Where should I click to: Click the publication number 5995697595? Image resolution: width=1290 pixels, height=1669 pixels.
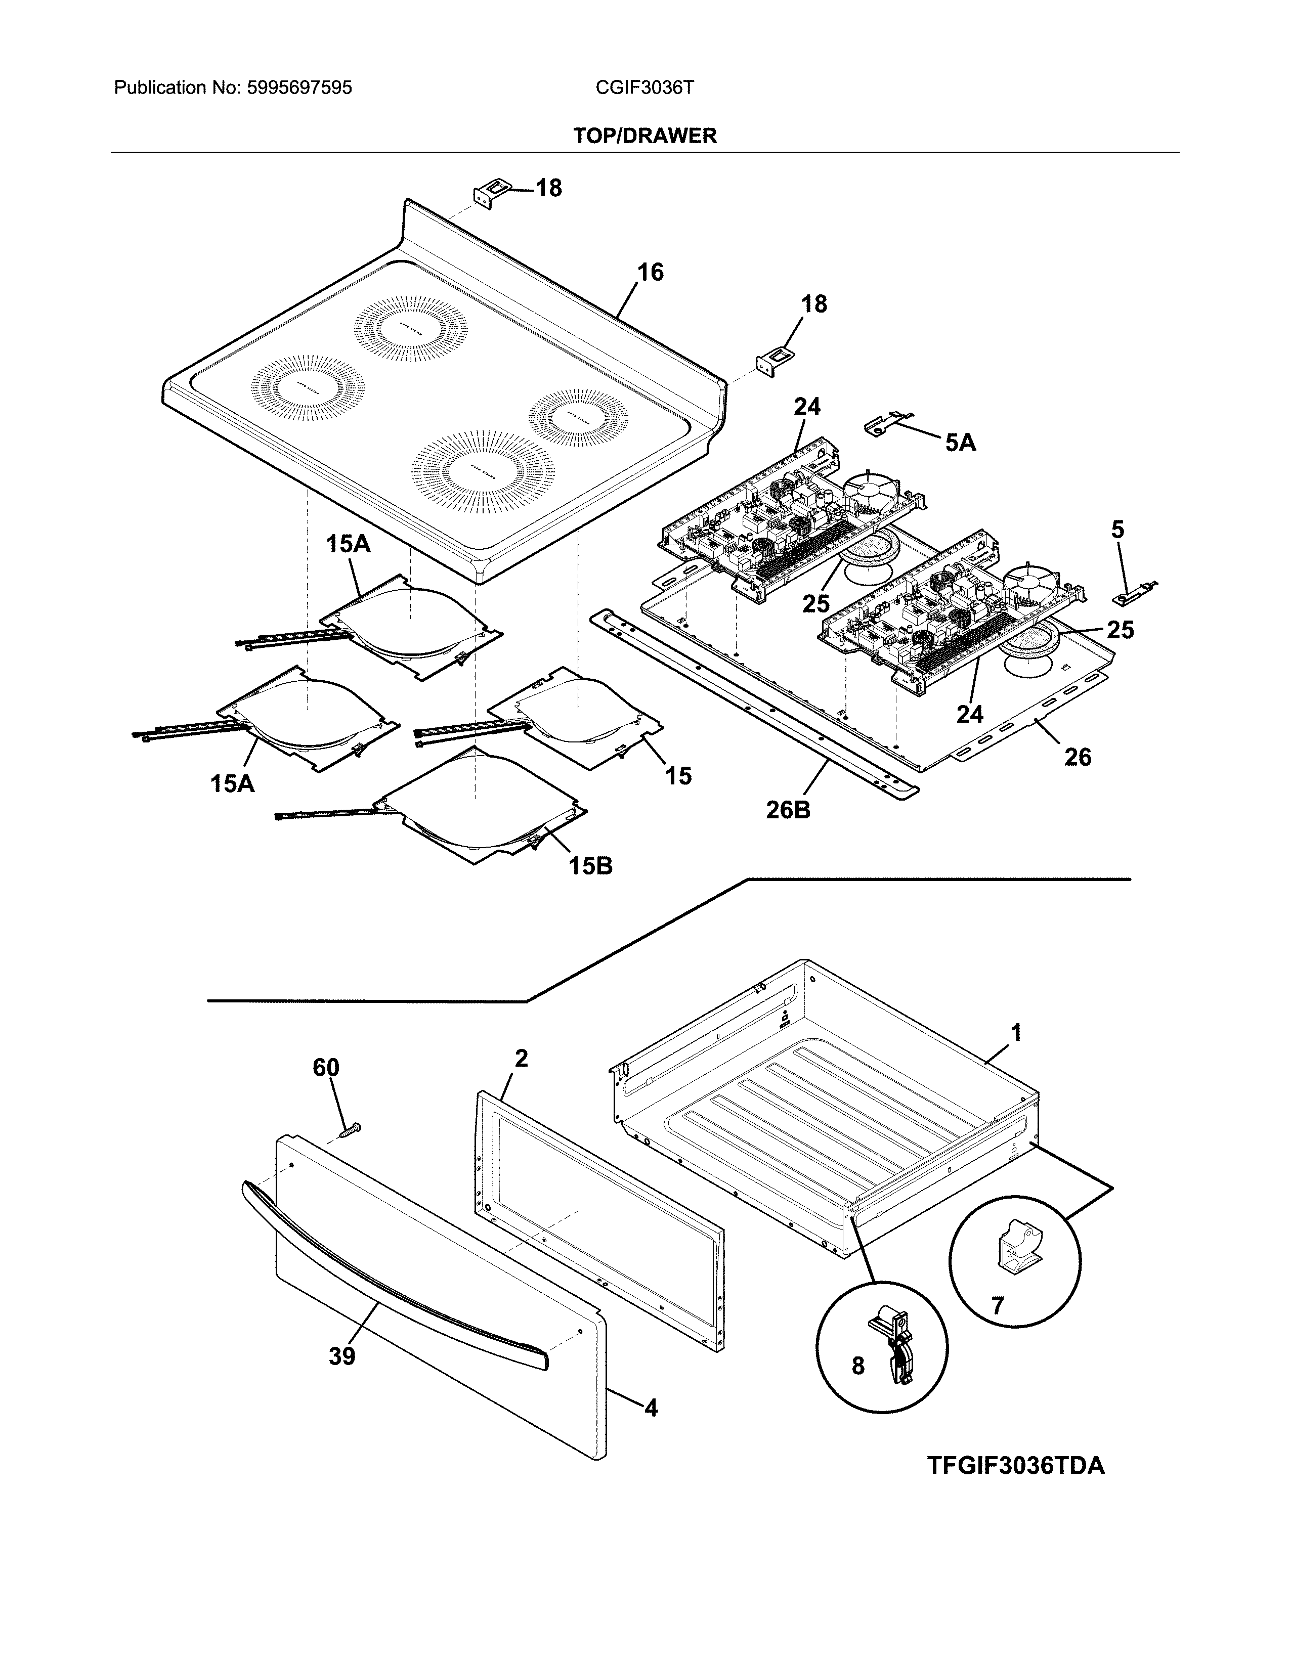[x=299, y=88]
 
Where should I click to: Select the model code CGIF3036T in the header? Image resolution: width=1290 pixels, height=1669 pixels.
[x=644, y=88]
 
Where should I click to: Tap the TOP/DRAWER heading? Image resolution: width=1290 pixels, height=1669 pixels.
[x=644, y=136]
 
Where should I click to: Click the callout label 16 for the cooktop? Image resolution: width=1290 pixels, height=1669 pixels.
[x=651, y=272]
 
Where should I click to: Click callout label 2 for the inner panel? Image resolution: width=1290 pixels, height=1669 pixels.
[x=521, y=1059]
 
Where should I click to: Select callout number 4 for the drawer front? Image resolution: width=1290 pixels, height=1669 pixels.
[x=651, y=1408]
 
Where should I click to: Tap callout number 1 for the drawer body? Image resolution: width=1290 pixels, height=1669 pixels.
[x=1016, y=1033]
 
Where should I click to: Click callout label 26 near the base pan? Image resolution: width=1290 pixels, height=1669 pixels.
[x=1078, y=757]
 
